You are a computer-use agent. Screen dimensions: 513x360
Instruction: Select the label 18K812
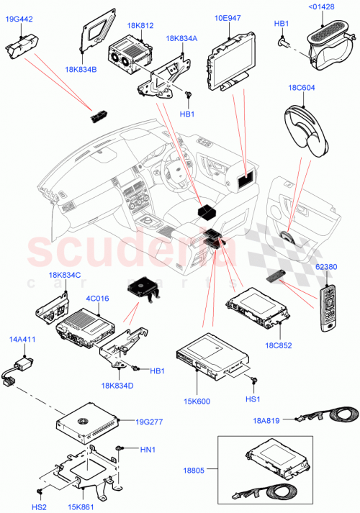(140, 25)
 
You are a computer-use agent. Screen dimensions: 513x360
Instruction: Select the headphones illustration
(304, 128)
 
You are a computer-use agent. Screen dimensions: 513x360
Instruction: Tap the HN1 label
(148, 451)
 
